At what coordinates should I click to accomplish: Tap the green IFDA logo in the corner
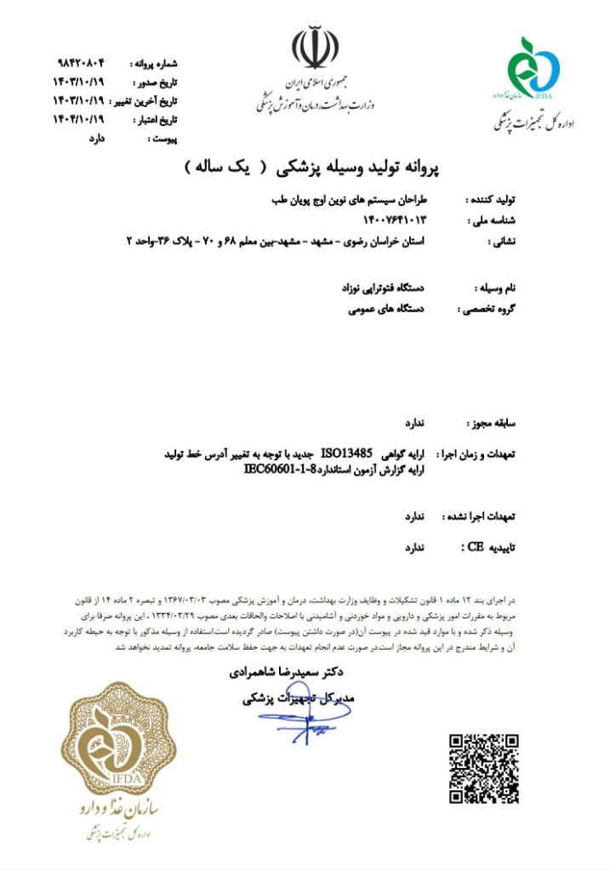[533, 66]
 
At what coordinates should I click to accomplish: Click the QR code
[484, 767]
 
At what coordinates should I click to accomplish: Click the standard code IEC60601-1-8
[281, 468]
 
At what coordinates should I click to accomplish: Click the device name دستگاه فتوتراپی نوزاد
[387, 289]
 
